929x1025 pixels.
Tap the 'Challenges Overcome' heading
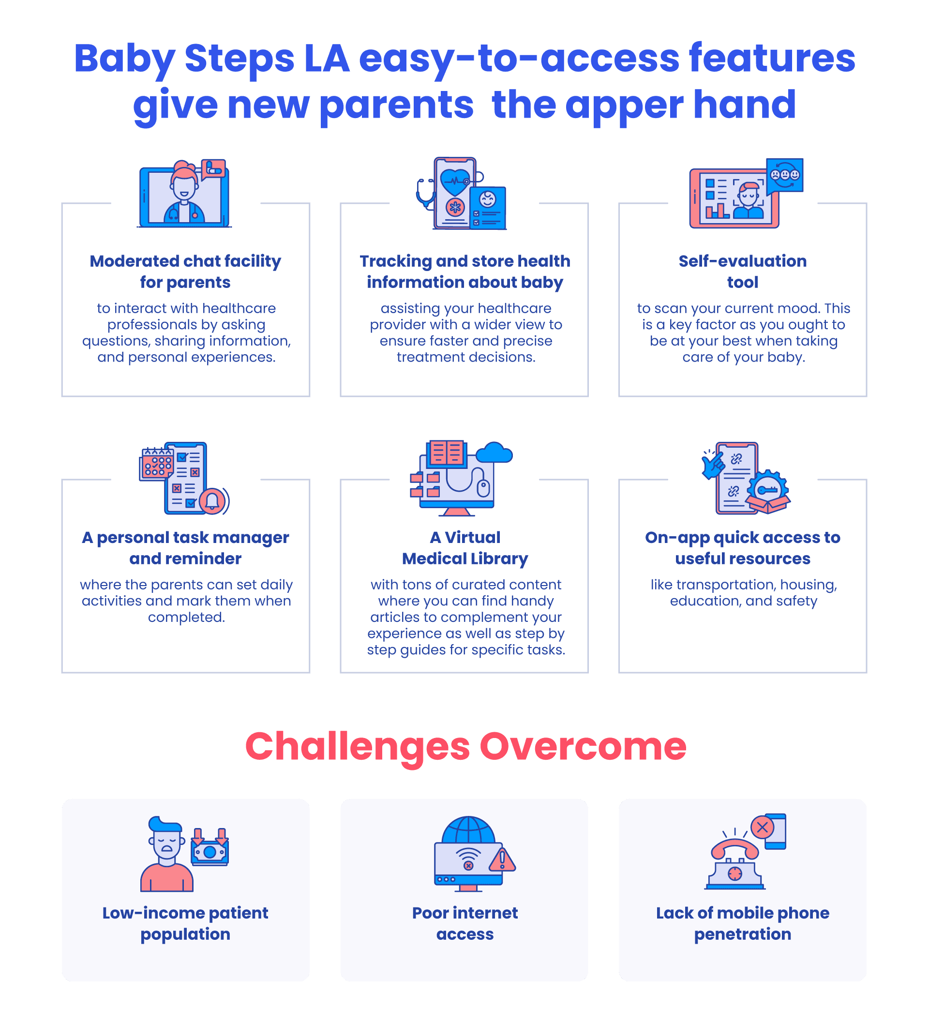(465, 746)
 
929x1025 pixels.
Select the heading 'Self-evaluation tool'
(743, 271)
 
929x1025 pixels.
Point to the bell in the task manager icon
(212, 501)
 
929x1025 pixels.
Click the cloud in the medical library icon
(494, 452)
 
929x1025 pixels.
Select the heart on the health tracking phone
(455, 182)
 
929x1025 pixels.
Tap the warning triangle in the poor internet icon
(502, 859)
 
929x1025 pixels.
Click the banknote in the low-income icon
(210, 852)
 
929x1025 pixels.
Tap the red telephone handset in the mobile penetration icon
(735, 848)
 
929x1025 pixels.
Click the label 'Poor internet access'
(465, 923)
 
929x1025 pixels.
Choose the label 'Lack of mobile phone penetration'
(743, 923)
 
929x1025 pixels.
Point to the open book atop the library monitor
(447, 453)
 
